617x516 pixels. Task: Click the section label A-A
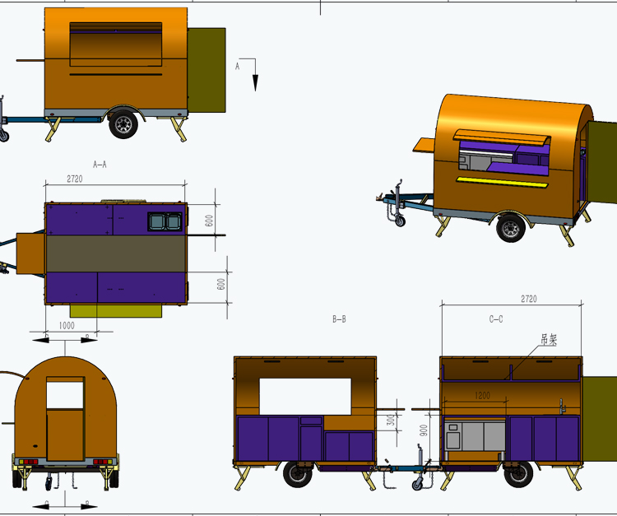(100, 165)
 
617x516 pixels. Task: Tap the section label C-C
(496, 318)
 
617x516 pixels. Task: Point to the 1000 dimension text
(67, 325)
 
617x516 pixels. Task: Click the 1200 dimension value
(482, 395)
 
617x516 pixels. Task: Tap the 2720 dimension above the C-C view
(529, 299)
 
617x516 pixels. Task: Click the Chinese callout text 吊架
(548, 338)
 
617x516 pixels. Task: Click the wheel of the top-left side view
(124, 123)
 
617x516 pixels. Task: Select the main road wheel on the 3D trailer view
(511, 228)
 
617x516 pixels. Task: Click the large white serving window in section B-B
(306, 396)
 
